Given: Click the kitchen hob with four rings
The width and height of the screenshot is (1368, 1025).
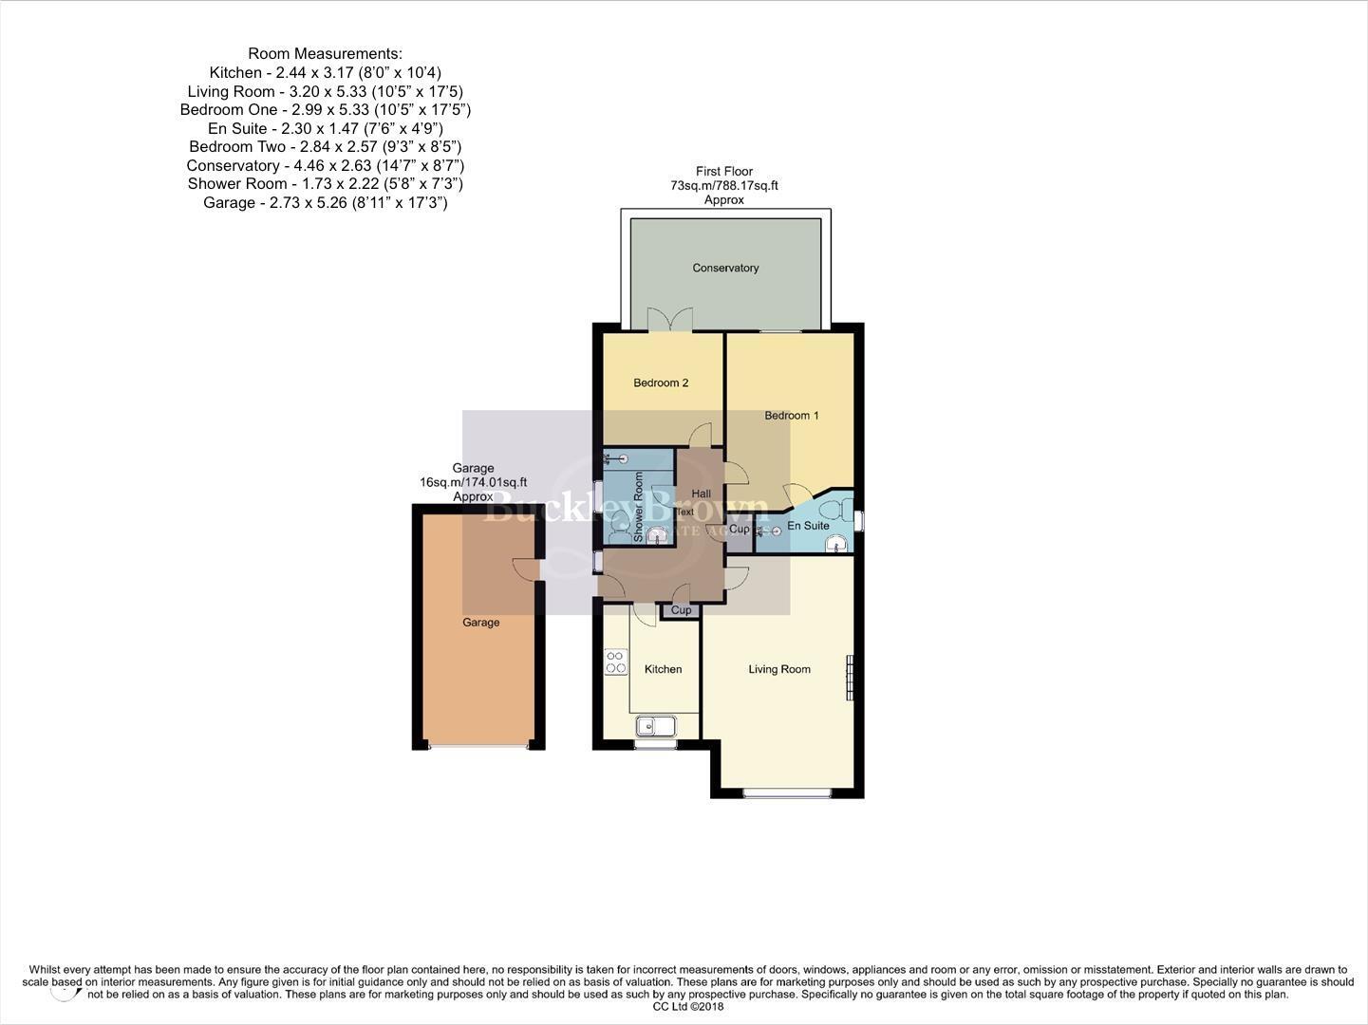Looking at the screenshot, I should coord(616,662).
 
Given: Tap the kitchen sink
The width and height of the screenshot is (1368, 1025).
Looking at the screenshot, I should coord(655,727).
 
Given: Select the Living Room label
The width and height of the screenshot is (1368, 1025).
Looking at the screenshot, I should coord(779,669).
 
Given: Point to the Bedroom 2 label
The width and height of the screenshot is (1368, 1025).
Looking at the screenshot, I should coord(661,382).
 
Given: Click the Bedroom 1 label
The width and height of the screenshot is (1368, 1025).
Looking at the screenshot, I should coord(792,415).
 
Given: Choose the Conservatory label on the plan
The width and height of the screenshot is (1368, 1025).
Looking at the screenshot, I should coord(725,268).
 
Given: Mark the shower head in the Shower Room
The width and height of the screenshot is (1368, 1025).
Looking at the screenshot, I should coord(622,459).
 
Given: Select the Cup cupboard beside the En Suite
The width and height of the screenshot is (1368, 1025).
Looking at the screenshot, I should coord(740,529).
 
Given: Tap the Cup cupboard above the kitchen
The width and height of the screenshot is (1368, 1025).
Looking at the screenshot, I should coord(682,610).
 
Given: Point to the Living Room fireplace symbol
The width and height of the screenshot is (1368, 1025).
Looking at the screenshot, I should coord(850,677).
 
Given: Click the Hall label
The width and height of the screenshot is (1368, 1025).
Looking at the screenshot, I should coord(702,494).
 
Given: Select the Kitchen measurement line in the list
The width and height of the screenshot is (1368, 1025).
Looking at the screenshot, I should coord(325,72).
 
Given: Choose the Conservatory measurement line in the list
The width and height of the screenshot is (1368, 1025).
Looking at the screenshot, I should coord(325,165).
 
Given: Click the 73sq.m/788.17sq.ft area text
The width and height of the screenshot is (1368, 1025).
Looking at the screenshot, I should coord(724,186).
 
